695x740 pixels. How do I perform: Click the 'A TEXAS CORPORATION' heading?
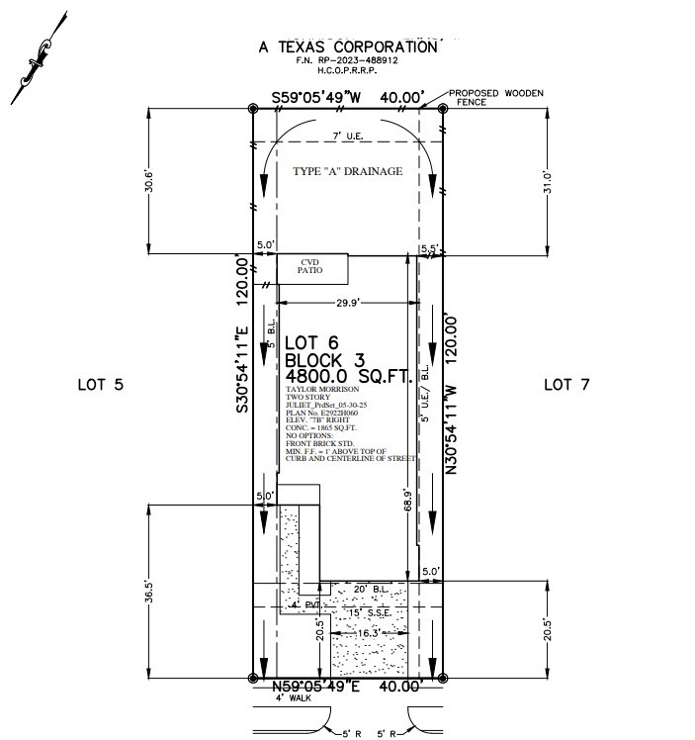click(x=347, y=46)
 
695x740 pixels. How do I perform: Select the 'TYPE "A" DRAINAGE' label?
click(x=347, y=172)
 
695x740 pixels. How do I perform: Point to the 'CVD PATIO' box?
click(x=312, y=268)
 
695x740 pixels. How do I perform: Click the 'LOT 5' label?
click(x=100, y=384)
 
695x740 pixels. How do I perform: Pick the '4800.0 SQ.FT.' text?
click(x=347, y=377)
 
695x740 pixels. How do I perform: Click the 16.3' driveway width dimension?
click(x=368, y=632)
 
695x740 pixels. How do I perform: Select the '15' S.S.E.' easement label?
click(x=367, y=613)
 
